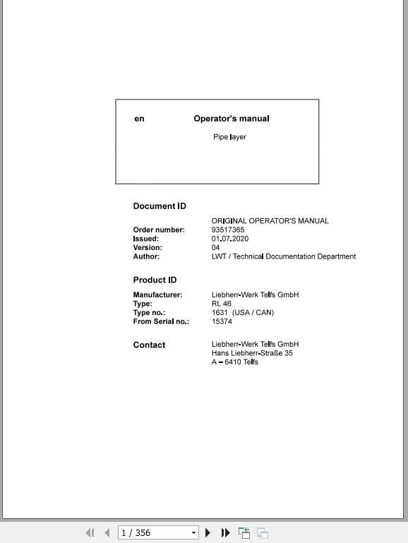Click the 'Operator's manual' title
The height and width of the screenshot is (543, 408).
pos(232,119)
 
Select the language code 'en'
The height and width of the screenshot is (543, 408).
pos(139,119)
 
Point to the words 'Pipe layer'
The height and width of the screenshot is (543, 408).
pos(229,137)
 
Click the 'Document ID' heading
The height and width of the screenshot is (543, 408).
pos(160,206)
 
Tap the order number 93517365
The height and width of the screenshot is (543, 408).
pos(228,230)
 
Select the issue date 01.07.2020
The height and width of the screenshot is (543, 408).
pos(230,239)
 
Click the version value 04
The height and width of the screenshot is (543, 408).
pos(216,248)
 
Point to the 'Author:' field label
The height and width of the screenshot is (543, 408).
pos(146,256)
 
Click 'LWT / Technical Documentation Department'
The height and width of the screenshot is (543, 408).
pos(284,256)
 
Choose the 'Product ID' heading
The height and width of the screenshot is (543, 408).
pos(155,280)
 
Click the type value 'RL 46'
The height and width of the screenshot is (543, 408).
pos(222,304)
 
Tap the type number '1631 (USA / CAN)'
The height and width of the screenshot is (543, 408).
pos(243,312)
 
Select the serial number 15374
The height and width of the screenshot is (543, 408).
pos(222,321)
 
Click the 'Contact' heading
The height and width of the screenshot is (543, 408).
pos(149,345)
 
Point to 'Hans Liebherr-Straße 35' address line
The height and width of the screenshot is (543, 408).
pos(252,353)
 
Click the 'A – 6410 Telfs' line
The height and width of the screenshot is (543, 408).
pos(235,362)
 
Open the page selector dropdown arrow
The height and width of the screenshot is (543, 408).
pos(194,533)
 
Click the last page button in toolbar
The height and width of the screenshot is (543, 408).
pos(226,533)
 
